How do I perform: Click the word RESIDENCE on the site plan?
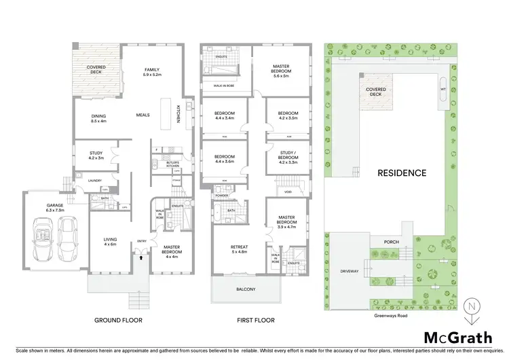(402, 173)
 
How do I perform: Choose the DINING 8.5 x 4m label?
(98, 119)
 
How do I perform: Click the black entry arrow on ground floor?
(141, 257)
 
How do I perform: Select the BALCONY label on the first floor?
(245, 290)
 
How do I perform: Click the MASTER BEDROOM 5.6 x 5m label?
(281, 69)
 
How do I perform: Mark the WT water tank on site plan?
(442, 89)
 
